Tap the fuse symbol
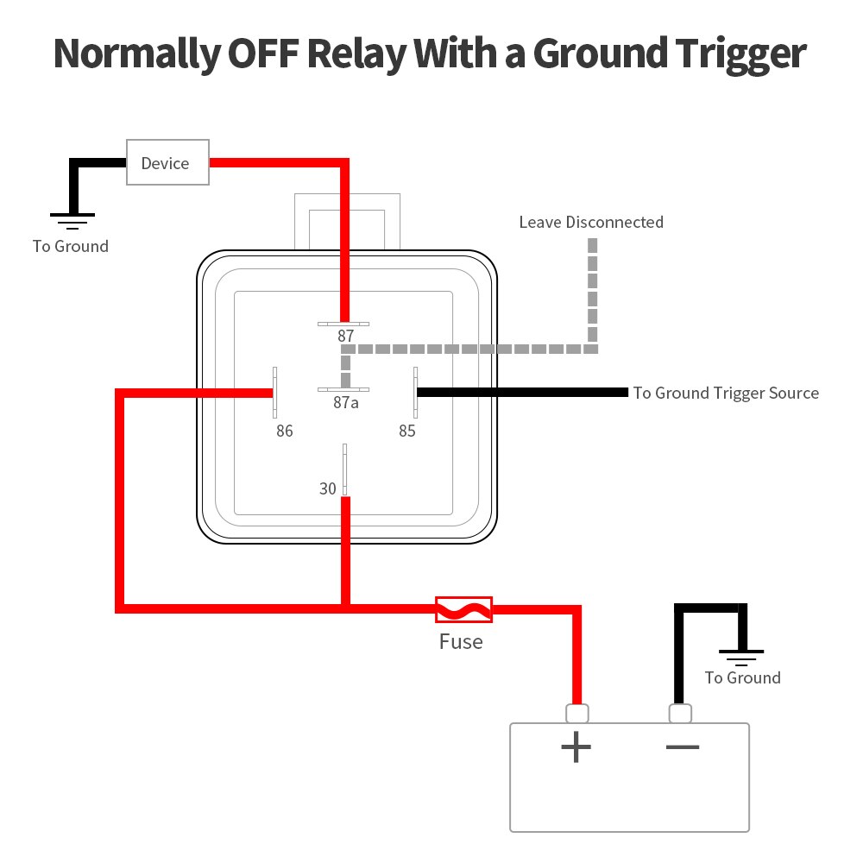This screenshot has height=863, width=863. pyautogui.click(x=463, y=609)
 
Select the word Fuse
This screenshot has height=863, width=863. pyautogui.click(x=461, y=642)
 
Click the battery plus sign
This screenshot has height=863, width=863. pyautogui.click(x=576, y=746)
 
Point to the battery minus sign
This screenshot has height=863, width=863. pyautogui.click(x=682, y=746)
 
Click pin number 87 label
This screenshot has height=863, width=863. pyautogui.click(x=346, y=336)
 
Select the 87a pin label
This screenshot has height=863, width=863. pyautogui.click(x=346, y=402)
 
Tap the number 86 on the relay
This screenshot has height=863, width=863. pyautogui.click(x=285, y=431)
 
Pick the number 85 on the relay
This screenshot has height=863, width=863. pyautogui.click(x=407, y=431)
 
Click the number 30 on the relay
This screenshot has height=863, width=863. pyautogui.click(x=328, y=488)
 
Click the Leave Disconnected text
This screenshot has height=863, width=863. pyautogui.click(x=591, y=223)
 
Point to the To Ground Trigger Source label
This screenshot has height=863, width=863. pyautogui.click(x=726, y=394)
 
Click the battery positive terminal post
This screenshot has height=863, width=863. pyautogui.click(x=576, y=714)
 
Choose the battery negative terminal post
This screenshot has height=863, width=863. pyautogui.click(x=680, y=714)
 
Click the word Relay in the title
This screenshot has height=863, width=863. pyautogui.click(x=352, y=54)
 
